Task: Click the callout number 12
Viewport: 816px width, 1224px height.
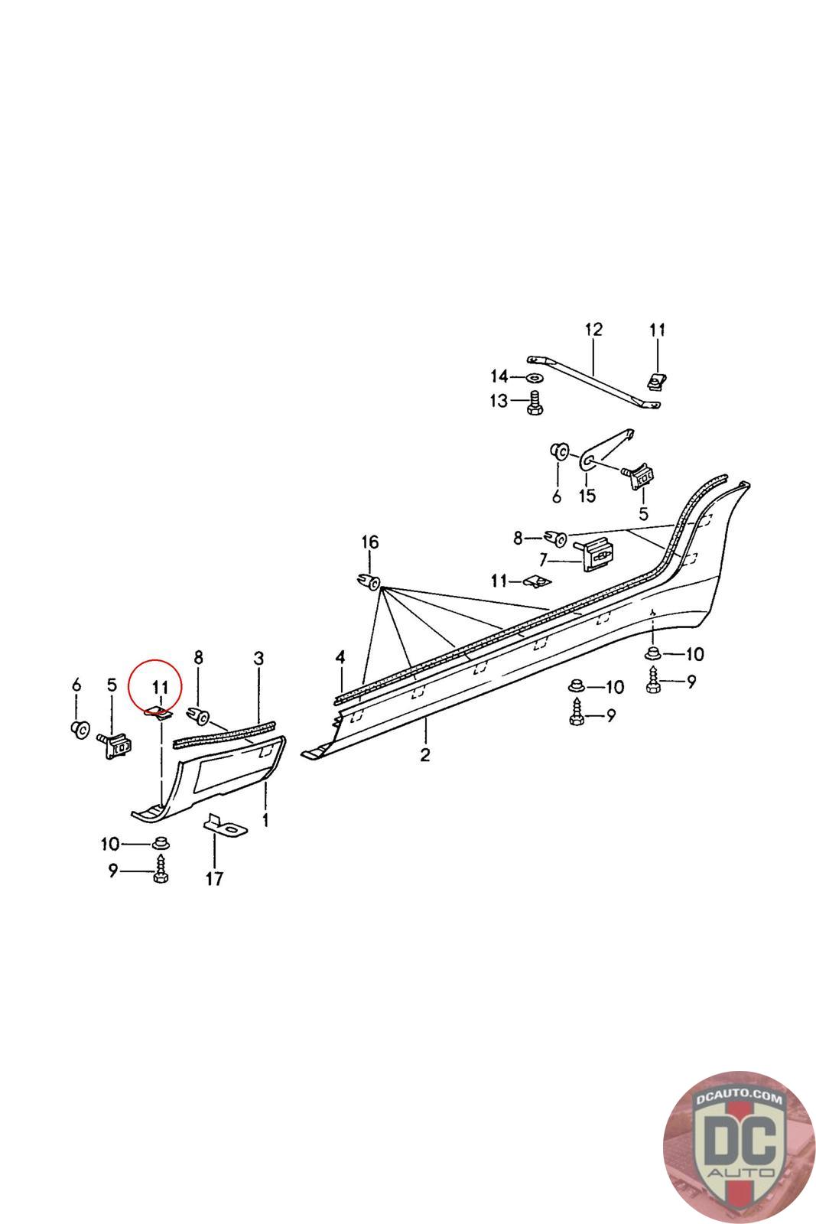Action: [x=593, y=330]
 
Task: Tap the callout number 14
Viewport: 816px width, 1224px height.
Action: [x=499, y=376]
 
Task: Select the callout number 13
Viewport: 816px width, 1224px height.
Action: [x=499, y=401]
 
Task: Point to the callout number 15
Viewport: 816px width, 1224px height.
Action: [x=587, y=496]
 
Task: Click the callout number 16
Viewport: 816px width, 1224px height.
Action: [x=369, y=542]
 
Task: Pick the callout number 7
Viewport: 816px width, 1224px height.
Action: [x=543, y=559]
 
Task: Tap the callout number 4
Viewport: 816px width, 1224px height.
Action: [x=340, y=657]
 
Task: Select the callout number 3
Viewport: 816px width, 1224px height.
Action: [x=258, y=659]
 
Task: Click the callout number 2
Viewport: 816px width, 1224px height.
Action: [x=424, y=755]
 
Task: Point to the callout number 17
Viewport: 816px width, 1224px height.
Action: [x=214, y=878]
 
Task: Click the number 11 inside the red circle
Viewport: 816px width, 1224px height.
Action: [x=160, y=686]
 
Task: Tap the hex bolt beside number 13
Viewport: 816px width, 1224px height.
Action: [x=535, y=402]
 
